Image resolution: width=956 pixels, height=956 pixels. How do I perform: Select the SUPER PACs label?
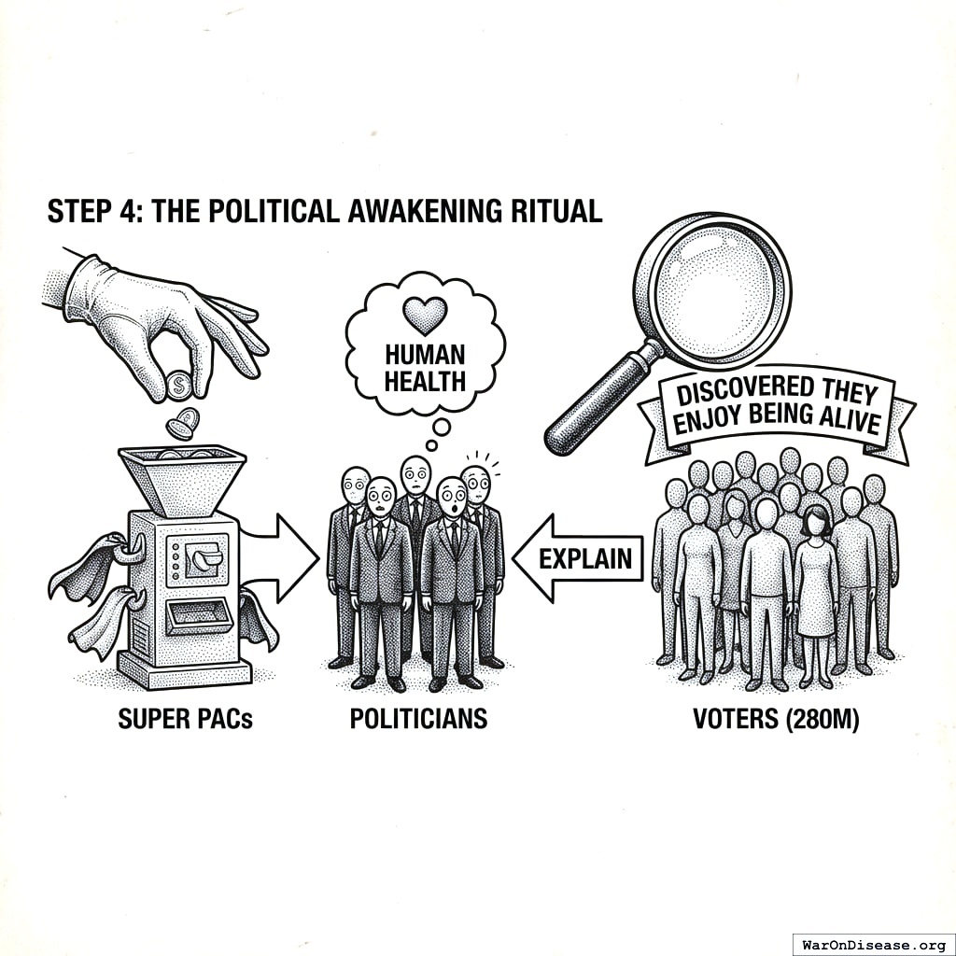pyautogui.click(x=185, y=720)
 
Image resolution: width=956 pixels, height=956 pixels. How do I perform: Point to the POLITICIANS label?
pyautogui.click(x=418, y=720)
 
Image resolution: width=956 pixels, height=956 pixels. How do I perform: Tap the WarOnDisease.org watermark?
pyautogui.click(x=872, y=941)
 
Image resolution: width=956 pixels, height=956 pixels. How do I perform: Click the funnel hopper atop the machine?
pyautogui.click(x=183, y=476)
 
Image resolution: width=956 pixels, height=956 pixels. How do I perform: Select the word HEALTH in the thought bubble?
pyautogui.click(x=425, y=382)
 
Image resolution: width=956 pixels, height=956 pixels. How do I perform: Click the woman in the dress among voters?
pyautogui.click(x=816, y=583)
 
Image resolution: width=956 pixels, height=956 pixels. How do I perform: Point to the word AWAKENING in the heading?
pyautogui.click(x=412, y=211)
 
